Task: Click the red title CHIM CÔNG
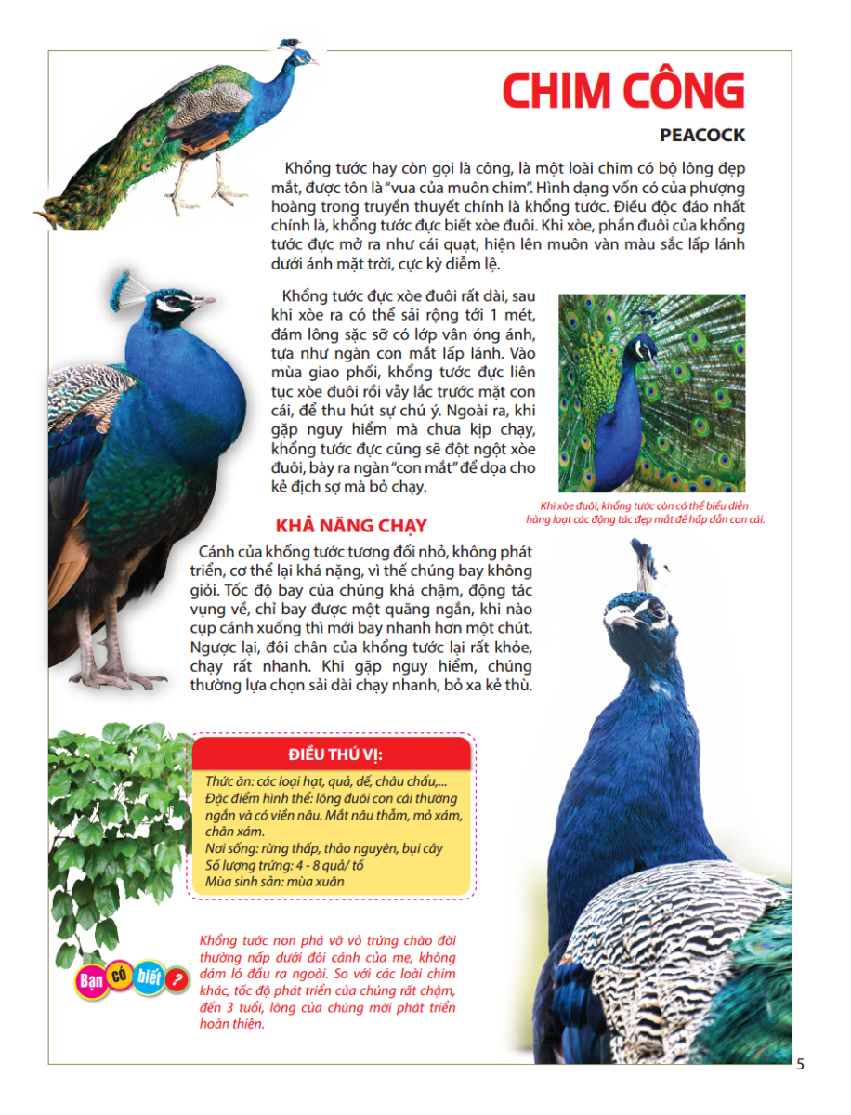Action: (623, 90)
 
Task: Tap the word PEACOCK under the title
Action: (702, 136)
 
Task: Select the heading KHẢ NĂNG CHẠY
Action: (351, 526)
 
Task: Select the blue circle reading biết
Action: (148, 977)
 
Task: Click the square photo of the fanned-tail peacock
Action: (652, 393)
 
